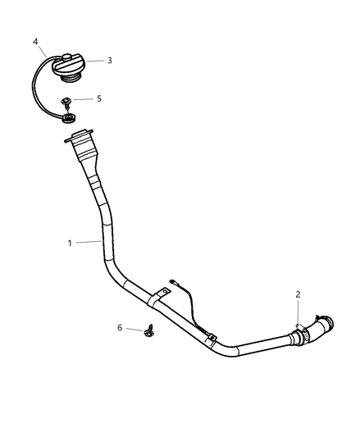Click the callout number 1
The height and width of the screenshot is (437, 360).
coord(70,243)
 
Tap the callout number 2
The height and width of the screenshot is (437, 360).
coord(298,294)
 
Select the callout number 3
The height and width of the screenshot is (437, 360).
coord(110,60)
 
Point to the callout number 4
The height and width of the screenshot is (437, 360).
coord(35,42)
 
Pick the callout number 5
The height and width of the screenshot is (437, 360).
coord(99,98)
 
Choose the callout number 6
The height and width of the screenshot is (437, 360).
coord(120,327)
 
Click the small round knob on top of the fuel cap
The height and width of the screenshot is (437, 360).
coord(67,57)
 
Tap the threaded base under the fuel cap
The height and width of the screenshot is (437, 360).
coord(70,79)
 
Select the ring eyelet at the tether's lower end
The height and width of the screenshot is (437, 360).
coord(69,118)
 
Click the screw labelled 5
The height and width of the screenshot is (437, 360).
coord(66,102)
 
